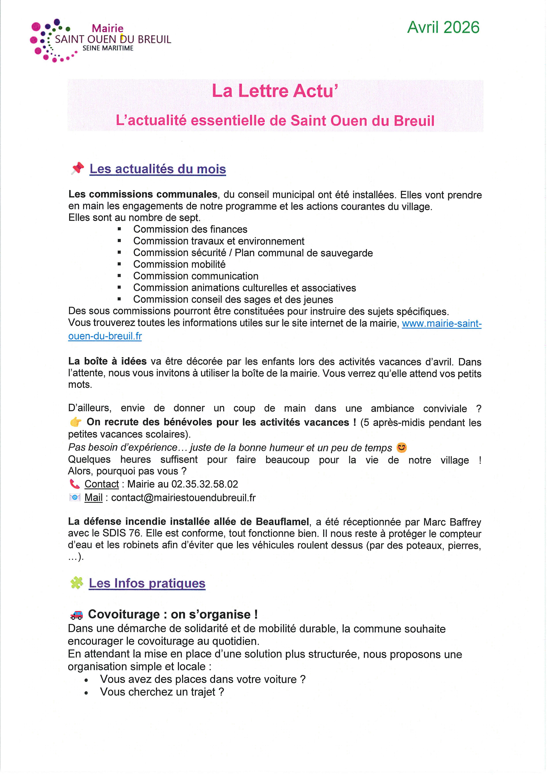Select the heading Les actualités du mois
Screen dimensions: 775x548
point(158,169)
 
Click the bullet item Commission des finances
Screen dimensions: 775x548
point(190,230)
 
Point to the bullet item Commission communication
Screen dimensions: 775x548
point(196,276)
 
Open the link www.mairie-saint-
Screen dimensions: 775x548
point(441,324)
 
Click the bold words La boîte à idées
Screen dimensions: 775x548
point(107,362)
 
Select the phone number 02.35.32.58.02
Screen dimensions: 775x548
point(205,484)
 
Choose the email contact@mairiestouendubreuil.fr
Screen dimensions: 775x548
point(183,498)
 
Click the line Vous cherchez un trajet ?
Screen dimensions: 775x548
point(162,692)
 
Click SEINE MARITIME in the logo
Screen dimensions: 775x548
point(108,48)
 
